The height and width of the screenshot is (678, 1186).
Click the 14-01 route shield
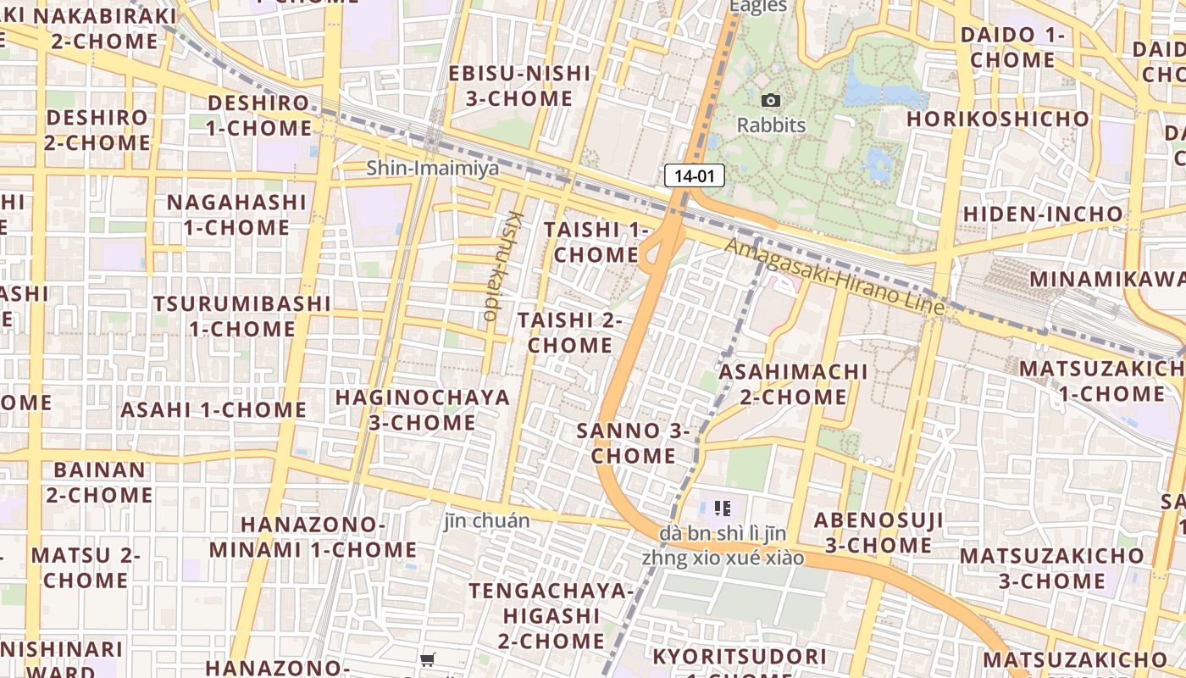coord(695,175)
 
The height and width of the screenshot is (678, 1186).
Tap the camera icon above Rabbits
coord(770,101)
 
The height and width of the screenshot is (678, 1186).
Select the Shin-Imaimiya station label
coord(433,168)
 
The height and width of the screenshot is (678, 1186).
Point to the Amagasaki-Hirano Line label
coord(834,276)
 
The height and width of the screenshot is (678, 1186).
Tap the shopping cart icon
coord(428,659)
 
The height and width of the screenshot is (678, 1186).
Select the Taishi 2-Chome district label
coord(570,332)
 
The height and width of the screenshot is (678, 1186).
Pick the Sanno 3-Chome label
coord(634,442)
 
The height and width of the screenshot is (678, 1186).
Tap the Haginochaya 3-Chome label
coord(423,409)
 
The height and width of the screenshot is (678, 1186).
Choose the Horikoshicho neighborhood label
coord(998,119)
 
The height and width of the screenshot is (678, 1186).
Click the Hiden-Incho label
coord(1043,214)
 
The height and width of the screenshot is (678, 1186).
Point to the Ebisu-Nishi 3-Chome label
coord(519,86)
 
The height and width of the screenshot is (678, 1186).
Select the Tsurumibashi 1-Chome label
coord(242,315)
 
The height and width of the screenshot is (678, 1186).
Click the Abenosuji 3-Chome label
coord(878,532)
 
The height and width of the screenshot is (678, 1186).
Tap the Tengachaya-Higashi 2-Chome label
coord(551,614)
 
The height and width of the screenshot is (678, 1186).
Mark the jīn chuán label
coord(487,520)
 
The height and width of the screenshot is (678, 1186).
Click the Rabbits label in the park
coord(771,125)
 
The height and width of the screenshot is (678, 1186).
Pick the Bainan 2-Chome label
coord(99,481)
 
